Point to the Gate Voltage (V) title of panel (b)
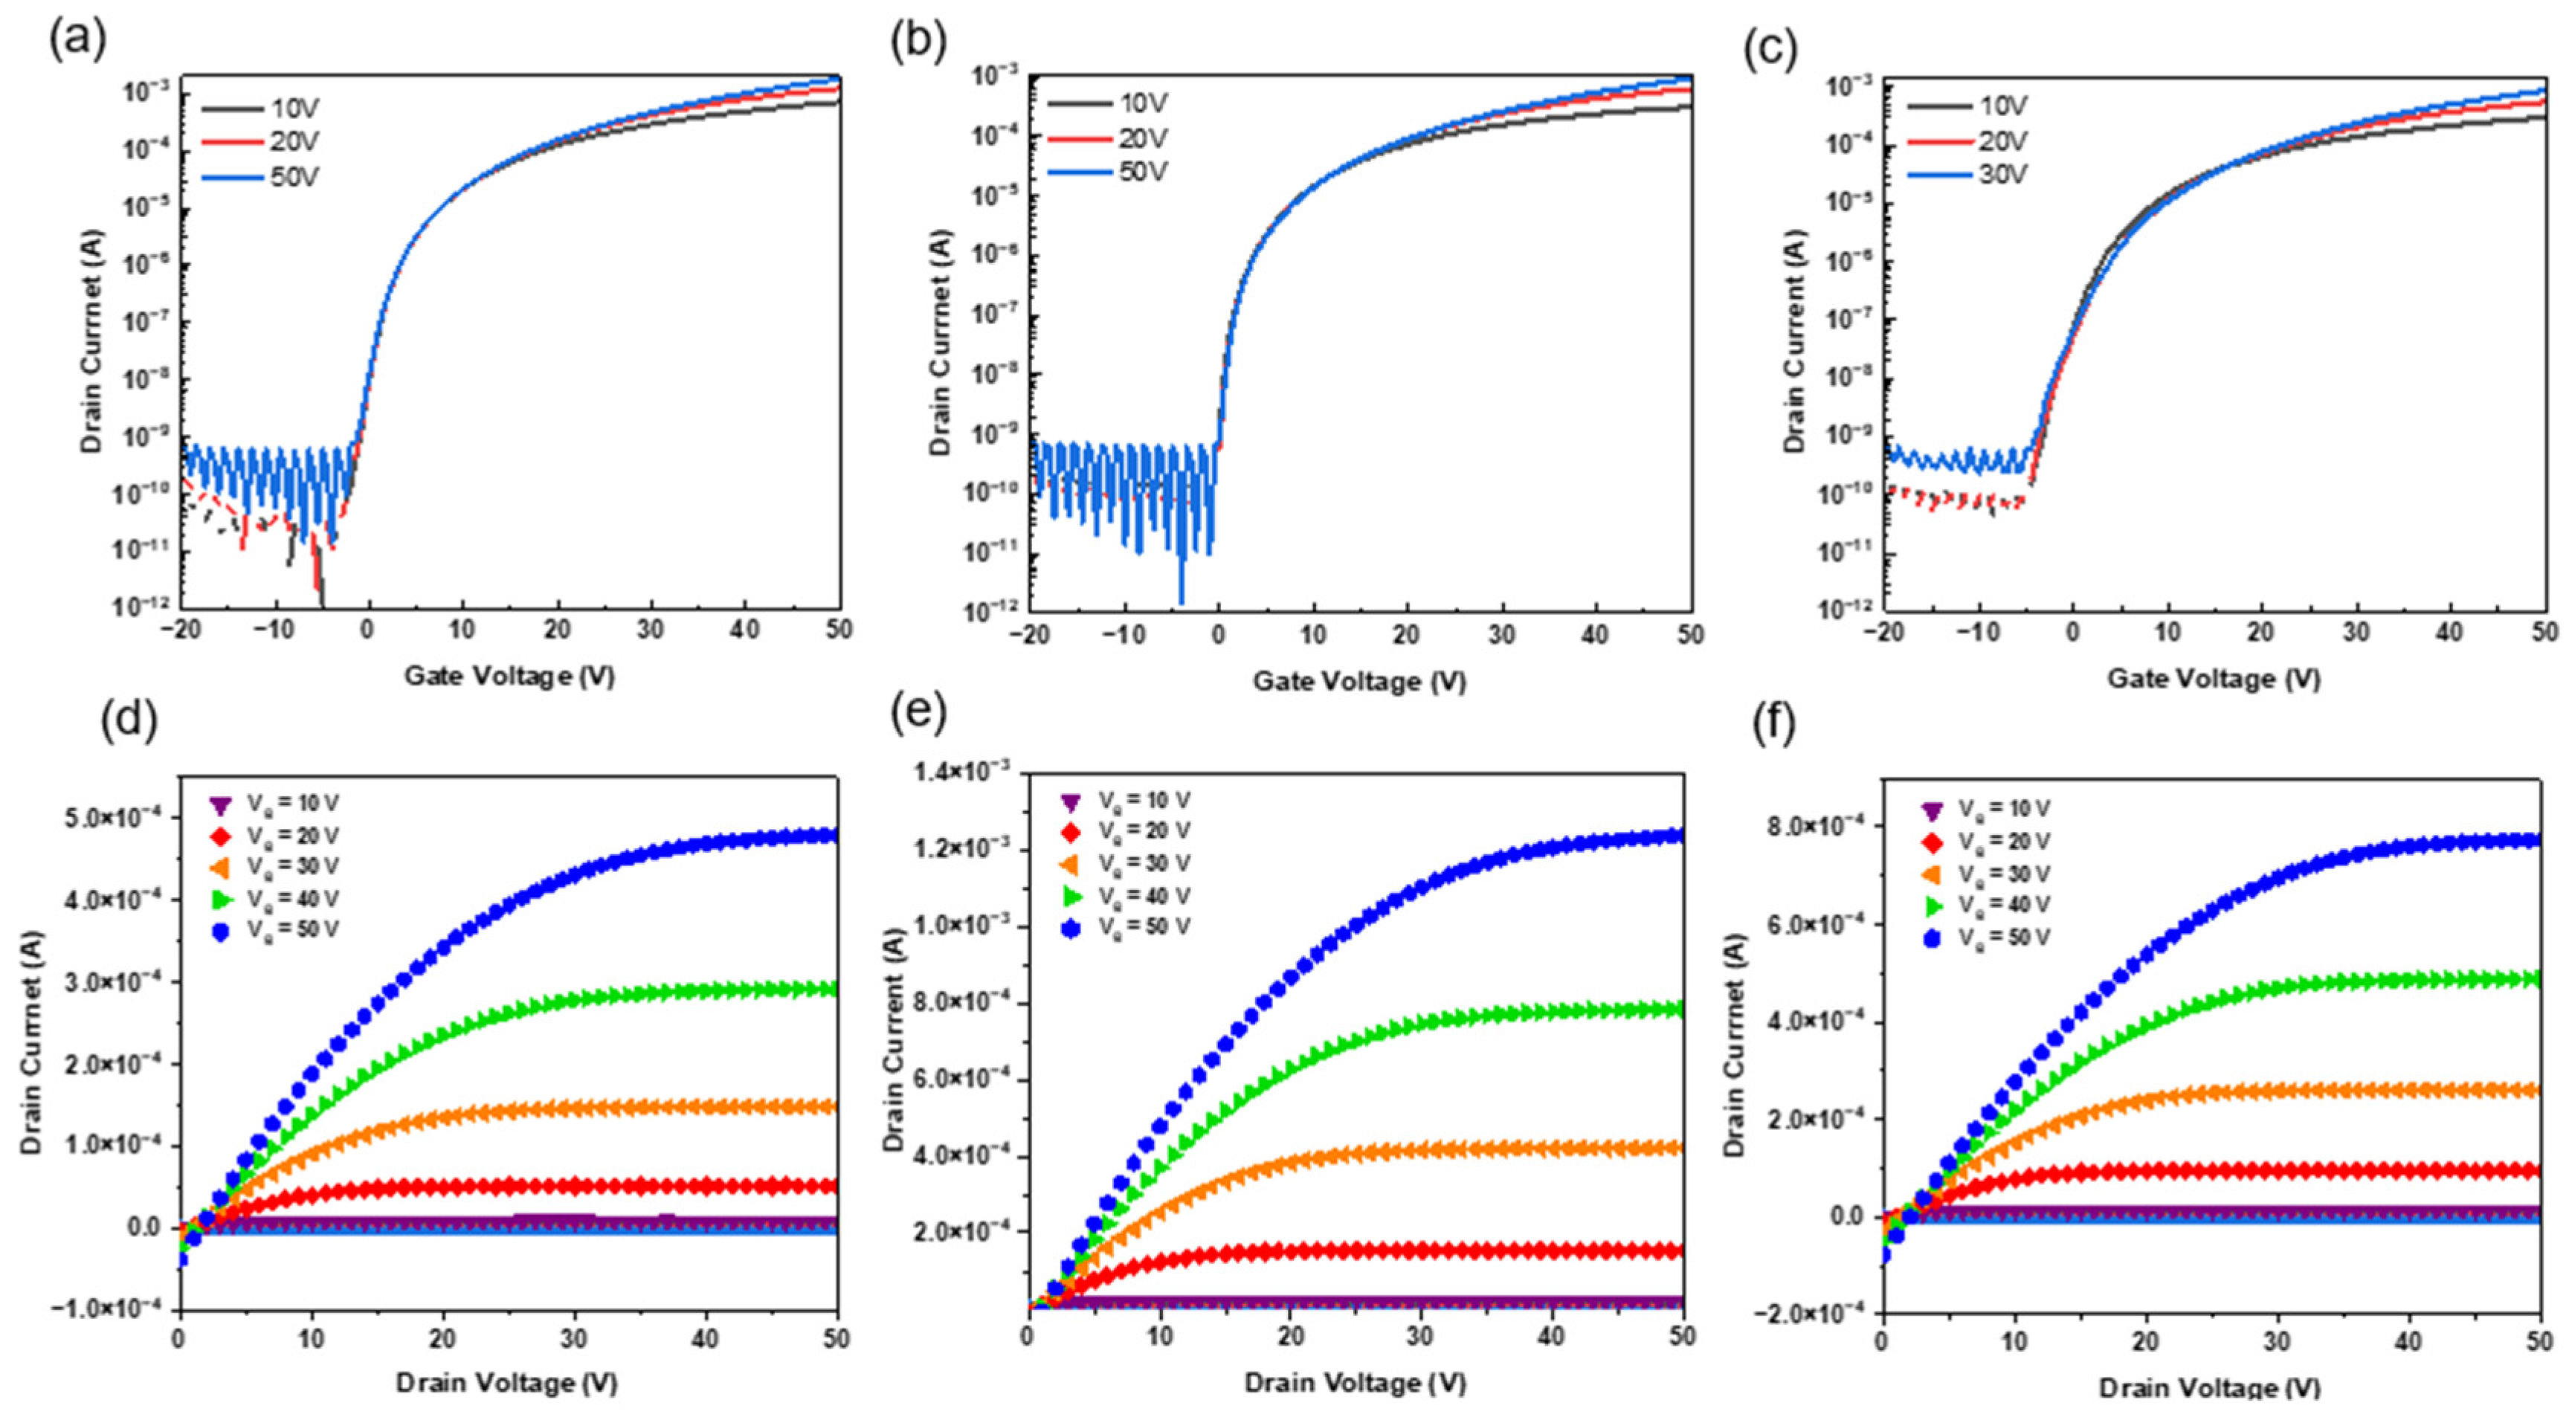(x=1359, y=682)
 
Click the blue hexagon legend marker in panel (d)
(x=222, y=930)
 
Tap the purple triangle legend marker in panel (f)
(x=1932, y=810)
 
